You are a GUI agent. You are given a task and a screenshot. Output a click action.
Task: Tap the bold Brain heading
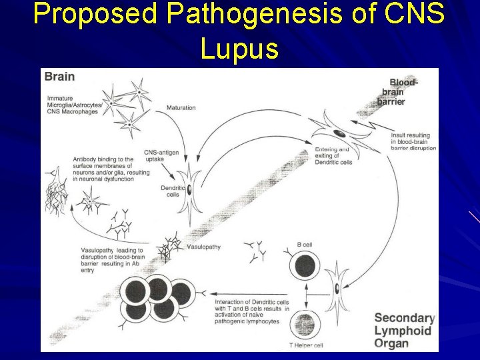point(59,77)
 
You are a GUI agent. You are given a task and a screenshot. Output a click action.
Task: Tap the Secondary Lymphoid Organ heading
point(404,331)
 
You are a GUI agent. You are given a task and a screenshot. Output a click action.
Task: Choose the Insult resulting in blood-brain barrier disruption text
point(413,141)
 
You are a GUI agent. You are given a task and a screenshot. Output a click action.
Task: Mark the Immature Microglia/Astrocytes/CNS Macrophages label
point(73,105)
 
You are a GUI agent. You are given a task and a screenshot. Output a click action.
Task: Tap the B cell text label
point(304,245)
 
